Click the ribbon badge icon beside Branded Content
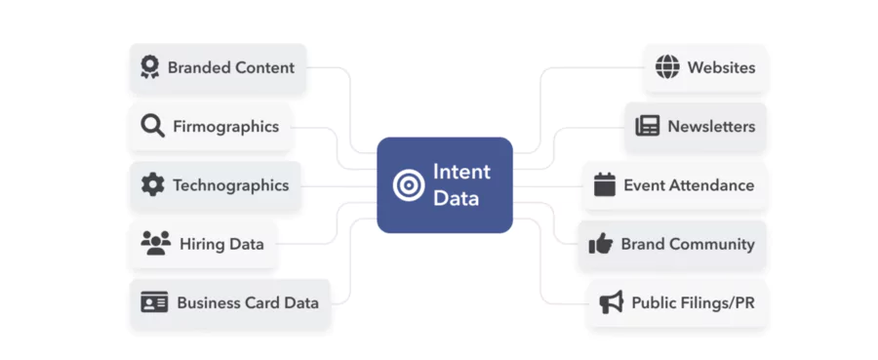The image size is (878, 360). click(x=149, y=67)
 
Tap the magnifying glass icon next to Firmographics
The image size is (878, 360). click(x=152, y=126)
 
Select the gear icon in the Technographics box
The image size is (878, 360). click(x=152, y=184)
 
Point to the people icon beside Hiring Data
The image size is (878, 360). click(x=155, y=243)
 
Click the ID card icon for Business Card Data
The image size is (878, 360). click(x=154, y=302)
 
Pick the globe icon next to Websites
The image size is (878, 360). click(x=667, y=67)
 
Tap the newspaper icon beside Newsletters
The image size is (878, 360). click(x=647, y=126)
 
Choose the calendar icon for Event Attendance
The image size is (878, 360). click(x=605, y=184)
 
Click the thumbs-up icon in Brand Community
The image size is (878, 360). click(x=600, y=244)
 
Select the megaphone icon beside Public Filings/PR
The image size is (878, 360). click(x=611, y=302)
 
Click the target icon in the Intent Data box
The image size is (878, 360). click(x=408, y=184)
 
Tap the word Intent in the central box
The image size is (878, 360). click(x=461, y=173)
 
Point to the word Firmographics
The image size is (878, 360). click(x=225, y=126)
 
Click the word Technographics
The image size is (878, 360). click(x=230, y=184)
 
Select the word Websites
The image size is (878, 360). click(x=721, y=67)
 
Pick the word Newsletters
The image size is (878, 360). click(x=711, y=126)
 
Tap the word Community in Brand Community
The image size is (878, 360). click(x=712, y=244)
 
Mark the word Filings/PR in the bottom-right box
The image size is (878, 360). click(x=716, y=302)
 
